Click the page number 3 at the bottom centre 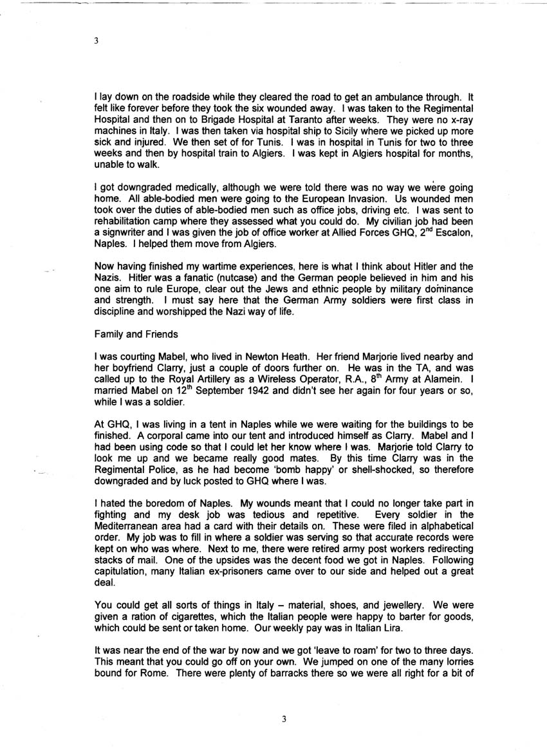tap(283, 719)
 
